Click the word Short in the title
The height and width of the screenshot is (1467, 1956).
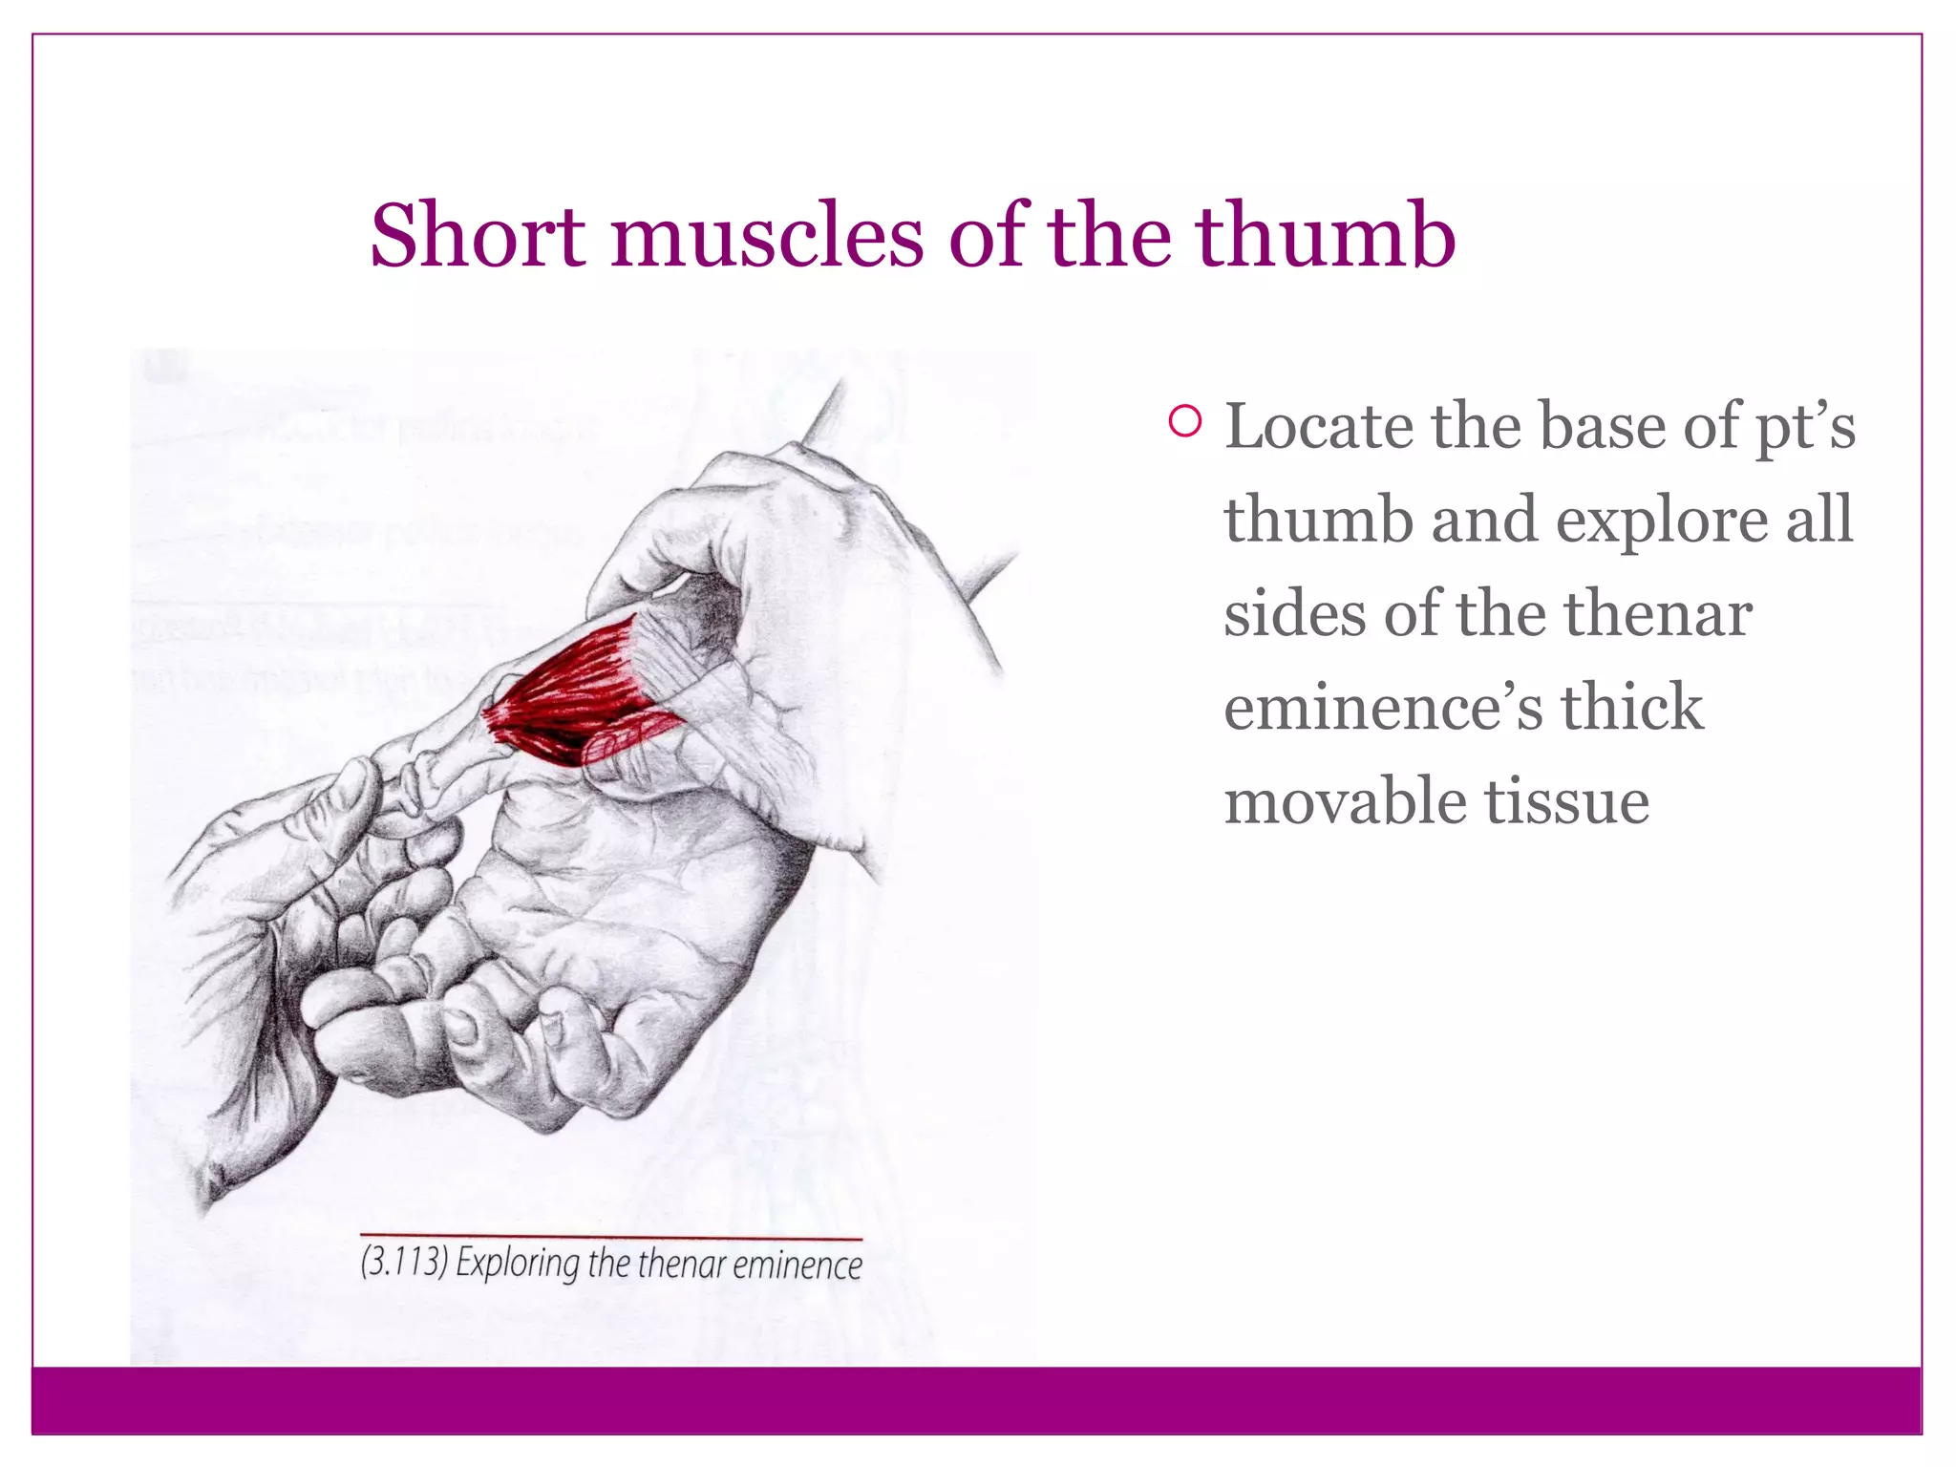(x=477, y=235)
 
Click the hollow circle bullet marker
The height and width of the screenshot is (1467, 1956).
(x=1184, y=422)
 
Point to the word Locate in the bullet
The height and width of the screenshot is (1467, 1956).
(x=1318, y=426)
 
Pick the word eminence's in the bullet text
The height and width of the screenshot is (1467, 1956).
(x=1383, y=708)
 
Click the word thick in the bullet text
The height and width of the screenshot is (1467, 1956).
(x=1631, y=708)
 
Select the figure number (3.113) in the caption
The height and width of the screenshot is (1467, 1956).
(x=404, y=1263)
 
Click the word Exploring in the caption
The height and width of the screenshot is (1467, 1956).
(x=517, y=1265)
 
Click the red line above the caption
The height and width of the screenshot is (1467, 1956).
(x=611, y=1238)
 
